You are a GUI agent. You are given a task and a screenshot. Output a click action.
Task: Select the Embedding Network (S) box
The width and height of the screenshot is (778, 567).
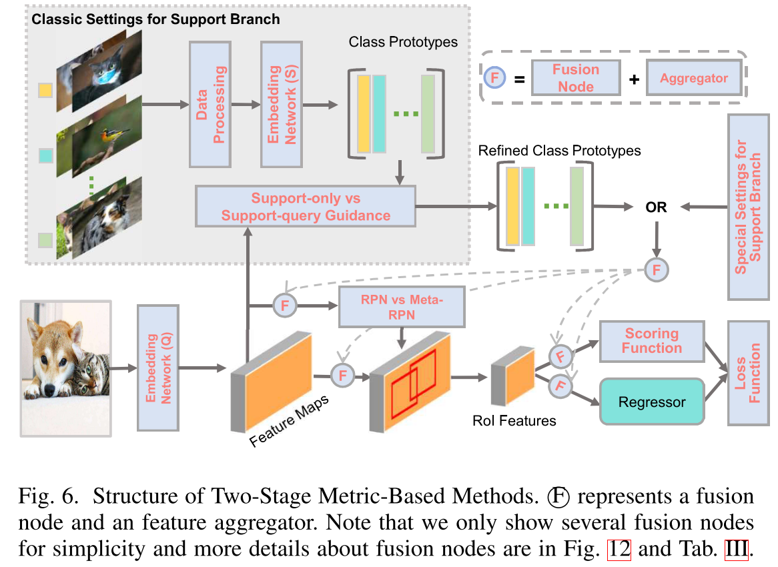(x=281, y=104)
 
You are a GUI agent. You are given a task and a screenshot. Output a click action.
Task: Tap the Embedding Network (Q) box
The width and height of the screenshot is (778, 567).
(x=158, y=368)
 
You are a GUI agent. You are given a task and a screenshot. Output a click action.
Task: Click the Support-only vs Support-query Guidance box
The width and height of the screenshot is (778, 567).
(x=305, y=207)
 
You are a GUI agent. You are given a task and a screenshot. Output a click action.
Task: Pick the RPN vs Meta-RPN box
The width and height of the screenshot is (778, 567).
(x=401, y=308)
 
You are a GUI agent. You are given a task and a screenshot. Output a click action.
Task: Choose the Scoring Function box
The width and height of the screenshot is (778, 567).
(x=652, y=341)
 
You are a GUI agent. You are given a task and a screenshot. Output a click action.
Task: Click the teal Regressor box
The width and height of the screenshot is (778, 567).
(x=652, y=402)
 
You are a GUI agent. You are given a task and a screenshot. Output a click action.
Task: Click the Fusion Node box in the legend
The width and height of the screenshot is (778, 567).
(x=575, y=77)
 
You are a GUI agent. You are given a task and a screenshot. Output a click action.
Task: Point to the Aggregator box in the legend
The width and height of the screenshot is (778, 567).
(x=694, y=78)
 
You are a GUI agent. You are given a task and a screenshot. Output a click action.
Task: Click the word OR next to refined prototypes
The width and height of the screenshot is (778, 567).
(x=656, y=207)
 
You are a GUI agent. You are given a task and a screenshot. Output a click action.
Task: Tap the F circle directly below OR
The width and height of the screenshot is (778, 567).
(x=657, y=269)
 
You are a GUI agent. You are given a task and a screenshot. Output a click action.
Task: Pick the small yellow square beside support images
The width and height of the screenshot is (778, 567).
(x=46, y=89)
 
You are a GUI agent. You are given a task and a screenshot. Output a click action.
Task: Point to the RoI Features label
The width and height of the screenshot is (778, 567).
(x=513, y=420)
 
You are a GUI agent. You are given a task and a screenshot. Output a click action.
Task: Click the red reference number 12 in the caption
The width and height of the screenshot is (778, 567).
(x=618, y=550)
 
